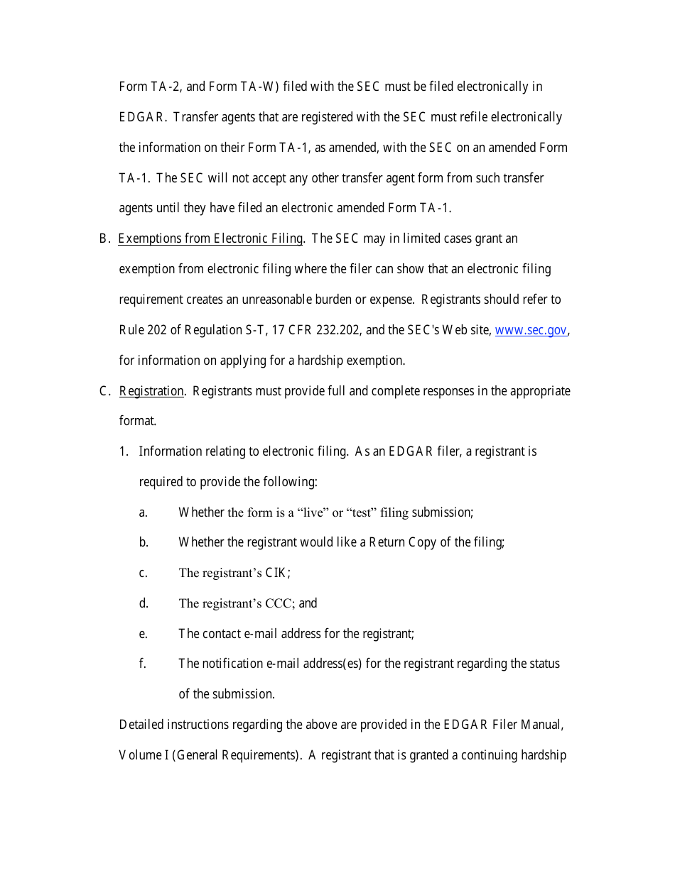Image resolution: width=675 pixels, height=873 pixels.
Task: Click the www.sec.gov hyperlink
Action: coord(531,330)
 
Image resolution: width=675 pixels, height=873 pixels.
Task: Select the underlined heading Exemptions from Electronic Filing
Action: coord(210,238)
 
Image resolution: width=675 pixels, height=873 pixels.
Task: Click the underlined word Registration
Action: coord(151,391)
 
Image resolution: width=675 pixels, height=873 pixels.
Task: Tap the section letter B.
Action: coord(104,238)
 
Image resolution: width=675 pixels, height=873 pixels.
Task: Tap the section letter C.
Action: coord(104,391)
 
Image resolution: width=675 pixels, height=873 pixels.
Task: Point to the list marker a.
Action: coord(144,512)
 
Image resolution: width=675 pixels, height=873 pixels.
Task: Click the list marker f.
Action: coord(143,664)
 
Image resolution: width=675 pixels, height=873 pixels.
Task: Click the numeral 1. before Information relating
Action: coord(124,451)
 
